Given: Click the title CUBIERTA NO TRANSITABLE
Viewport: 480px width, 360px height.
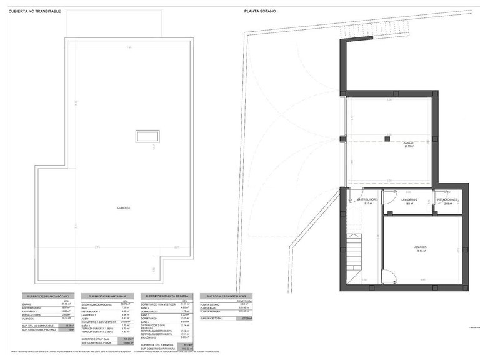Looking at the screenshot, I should click(34, 11).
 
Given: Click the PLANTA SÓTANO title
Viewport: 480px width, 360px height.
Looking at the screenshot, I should click(259, 11).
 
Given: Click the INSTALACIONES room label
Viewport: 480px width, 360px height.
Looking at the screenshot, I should click(447, 200).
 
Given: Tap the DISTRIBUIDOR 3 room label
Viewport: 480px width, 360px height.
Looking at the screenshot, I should click(368, 200).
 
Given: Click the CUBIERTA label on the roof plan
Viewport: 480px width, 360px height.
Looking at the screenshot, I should click(124, 207).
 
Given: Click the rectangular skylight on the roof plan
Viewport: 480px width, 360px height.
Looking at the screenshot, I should click(147, 136).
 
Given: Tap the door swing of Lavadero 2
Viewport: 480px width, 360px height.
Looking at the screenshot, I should click(388, 194).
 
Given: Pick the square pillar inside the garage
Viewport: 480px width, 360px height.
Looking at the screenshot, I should click(387, 139).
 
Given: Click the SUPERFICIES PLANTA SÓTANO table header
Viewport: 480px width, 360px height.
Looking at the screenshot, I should click(49, 296).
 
